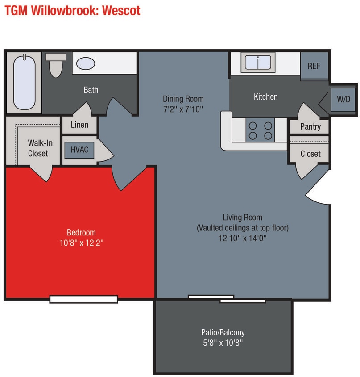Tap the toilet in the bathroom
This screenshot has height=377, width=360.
coord(56,65)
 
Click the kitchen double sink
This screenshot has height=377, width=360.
coord(258,63)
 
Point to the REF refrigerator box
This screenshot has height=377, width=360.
coord(314,66)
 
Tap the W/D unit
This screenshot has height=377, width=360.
coord(343,99)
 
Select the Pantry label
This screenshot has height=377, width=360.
coord(310,126)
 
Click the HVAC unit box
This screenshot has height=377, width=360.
coord(79,150)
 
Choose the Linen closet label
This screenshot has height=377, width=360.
coord(79,125)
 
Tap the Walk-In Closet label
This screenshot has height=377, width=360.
coord(38,148)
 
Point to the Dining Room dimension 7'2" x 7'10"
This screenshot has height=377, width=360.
coord(183,109)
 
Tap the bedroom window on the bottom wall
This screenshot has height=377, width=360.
coord(83,299)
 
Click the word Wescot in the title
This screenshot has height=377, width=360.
coord(121,10)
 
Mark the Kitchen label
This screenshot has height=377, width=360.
coord(265,96)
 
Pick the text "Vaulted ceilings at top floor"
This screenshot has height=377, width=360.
coord(243,228)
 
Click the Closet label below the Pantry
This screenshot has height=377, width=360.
coord(310,154)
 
